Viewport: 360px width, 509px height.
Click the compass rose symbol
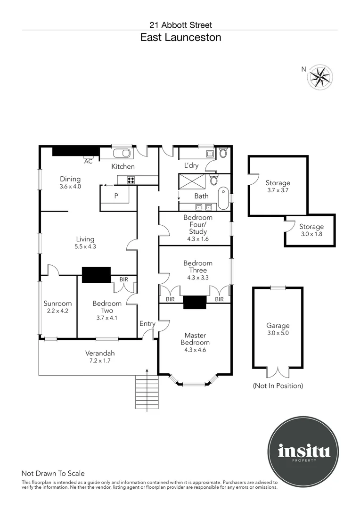320,76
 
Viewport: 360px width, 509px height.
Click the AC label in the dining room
88,161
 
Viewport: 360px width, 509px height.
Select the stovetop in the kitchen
131,180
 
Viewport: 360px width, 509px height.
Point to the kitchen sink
123,153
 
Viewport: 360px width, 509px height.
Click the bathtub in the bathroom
223,197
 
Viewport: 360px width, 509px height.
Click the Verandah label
100,353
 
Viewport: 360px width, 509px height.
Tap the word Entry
147,324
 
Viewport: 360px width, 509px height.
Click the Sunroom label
57,304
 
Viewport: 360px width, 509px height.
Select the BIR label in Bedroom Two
123,279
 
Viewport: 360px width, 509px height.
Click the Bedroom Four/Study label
197,224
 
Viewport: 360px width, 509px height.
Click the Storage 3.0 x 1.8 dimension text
311,234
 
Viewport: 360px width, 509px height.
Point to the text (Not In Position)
278,386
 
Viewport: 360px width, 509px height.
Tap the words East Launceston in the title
180,38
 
